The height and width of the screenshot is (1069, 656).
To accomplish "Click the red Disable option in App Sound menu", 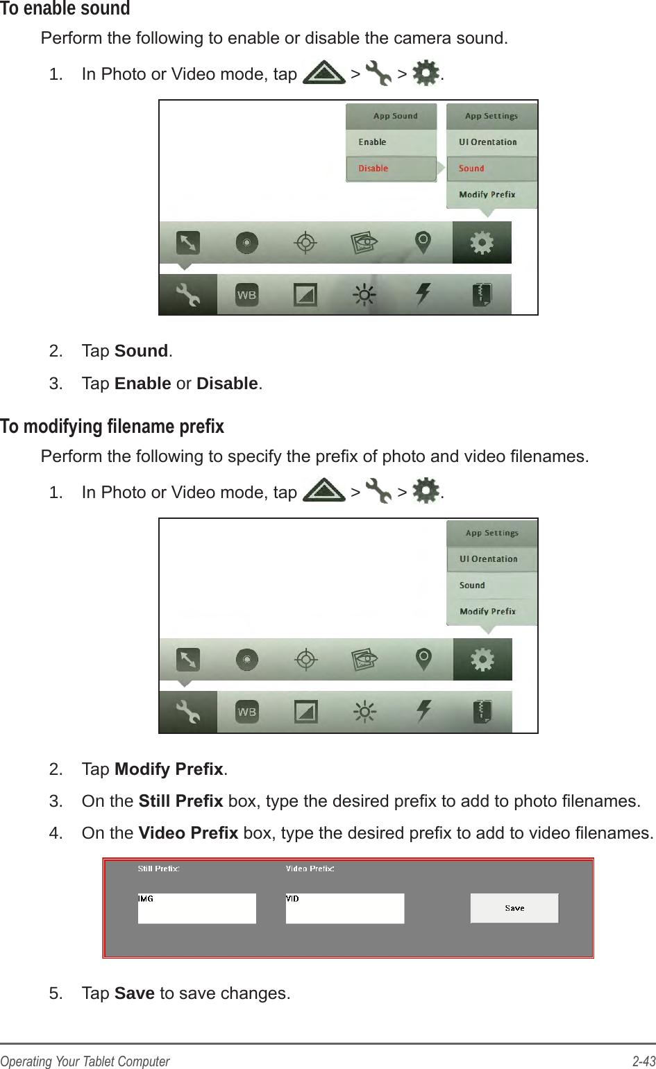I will coord(373,169).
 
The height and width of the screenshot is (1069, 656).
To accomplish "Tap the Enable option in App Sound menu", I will coord(373,142).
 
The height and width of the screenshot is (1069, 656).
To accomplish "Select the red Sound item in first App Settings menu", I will coord(471,169).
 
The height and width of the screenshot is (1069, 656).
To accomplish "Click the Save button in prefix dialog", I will coord(514,908).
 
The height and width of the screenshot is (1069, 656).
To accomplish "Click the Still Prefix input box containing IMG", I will coord(197,909).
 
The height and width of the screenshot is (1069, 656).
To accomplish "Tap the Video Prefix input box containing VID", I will coord(345,909).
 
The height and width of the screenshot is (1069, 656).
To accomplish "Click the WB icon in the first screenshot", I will coord(246,295).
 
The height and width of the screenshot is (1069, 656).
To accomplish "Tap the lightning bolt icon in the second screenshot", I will coord(423,711).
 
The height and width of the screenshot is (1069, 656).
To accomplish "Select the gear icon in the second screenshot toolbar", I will coord(482,659).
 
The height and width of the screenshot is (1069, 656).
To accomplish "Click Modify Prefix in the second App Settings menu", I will coord(487,612).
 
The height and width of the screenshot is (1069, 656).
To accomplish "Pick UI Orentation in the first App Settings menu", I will coord(488,142).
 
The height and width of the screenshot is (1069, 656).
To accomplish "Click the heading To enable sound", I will coord(65,9).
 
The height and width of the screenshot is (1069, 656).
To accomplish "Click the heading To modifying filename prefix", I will coord(112,426).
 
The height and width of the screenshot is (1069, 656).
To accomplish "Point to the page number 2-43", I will coord(644,1061).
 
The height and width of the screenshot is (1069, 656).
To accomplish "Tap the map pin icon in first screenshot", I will coord(423,242).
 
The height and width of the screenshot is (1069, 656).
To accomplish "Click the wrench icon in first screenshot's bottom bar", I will coord(187,295).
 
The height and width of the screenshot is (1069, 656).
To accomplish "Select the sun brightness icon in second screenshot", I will coord(364,711).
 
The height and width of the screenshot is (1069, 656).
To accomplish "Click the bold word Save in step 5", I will coord(134,993).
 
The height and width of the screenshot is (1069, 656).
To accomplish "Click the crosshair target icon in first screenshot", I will coord(305,243).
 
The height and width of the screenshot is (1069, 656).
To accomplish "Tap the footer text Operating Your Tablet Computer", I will coord(85,1061).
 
